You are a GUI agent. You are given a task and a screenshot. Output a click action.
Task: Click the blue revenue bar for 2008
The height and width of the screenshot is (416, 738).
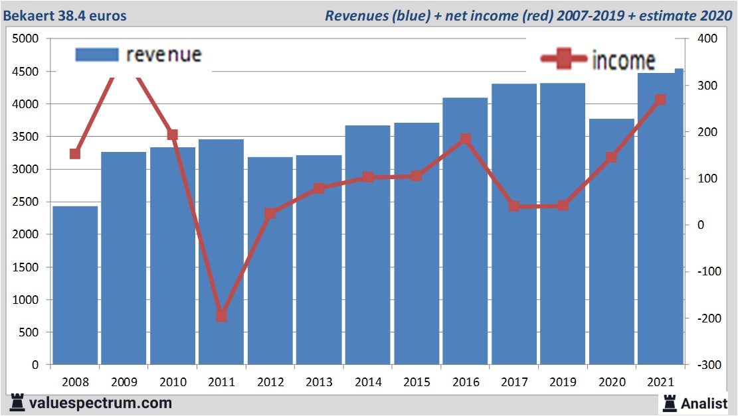click(75, 285)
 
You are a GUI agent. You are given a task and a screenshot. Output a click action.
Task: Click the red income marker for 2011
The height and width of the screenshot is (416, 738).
click(221, 316)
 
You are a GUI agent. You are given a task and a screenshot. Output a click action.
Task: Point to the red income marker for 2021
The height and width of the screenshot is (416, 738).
click(660, 100)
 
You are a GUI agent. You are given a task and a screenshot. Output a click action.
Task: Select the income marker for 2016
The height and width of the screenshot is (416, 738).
click(465, 139)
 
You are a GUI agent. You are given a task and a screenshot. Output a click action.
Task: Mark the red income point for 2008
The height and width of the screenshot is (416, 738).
click(75, 154)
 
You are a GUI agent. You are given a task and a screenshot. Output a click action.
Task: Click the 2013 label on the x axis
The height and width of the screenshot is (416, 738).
click(319, 383)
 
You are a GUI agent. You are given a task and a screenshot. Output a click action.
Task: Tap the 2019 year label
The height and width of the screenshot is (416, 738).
click(563, 383)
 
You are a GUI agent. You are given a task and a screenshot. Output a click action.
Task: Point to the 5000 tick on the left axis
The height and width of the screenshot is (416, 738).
click(26, 39)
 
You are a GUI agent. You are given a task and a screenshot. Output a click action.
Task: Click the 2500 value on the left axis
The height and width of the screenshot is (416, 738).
click(26, 202)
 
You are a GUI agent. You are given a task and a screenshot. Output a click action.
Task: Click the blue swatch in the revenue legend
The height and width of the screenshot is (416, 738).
click(97, 54)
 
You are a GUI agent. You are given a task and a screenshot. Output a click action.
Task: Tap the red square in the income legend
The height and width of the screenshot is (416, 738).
click(564, 60)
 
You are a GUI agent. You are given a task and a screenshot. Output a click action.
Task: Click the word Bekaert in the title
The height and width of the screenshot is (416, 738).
click(29, 15)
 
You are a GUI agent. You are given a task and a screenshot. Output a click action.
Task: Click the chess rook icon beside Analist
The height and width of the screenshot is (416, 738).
click(669, 402)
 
